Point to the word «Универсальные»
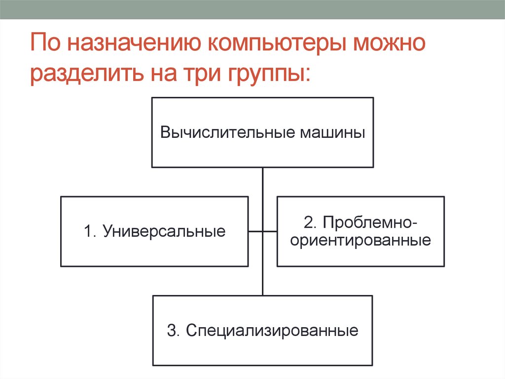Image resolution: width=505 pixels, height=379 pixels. click(x=164, y=231)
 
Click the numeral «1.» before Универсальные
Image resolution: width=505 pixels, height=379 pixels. click(x=91, y=231)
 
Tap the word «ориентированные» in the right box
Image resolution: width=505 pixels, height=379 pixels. click(x=361, y=241)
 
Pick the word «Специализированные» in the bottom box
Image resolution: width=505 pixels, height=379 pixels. click(x=272, y=330)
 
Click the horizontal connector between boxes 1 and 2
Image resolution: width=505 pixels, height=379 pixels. click(x=262, y=231)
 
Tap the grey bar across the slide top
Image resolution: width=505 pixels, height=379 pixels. click(x=252, y=9)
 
